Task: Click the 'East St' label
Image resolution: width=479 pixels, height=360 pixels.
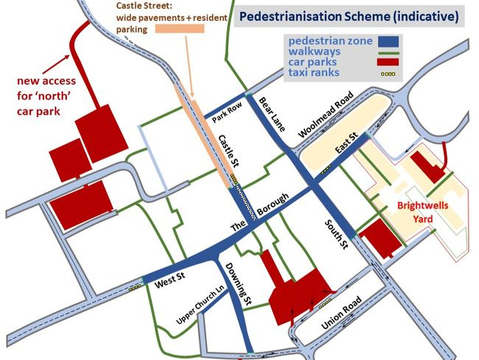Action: click(x=346, y=141)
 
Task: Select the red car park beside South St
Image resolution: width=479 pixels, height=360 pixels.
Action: click(x=381, y=238)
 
